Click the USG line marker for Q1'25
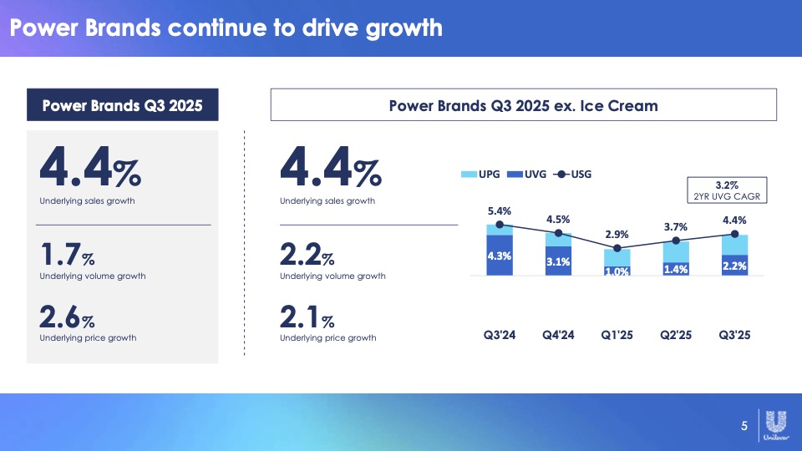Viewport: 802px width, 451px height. (617, 248)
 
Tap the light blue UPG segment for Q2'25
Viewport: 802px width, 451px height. (676, 251)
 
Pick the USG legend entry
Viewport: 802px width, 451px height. (572, 175)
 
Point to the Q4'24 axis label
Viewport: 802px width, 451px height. (558, 337)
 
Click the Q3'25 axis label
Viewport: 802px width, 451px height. (734, 337)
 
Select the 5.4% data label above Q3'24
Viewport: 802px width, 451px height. (500, 210)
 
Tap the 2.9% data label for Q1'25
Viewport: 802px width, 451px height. (617, 235)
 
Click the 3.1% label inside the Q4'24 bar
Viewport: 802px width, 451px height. (558, 261)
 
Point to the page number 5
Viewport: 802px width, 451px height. (744, 428)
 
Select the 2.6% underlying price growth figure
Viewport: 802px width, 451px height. (67, 317)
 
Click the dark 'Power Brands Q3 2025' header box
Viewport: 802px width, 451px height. (123, 106)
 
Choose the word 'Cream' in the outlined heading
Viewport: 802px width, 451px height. (633, 106)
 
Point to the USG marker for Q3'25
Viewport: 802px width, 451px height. (734, 234)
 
